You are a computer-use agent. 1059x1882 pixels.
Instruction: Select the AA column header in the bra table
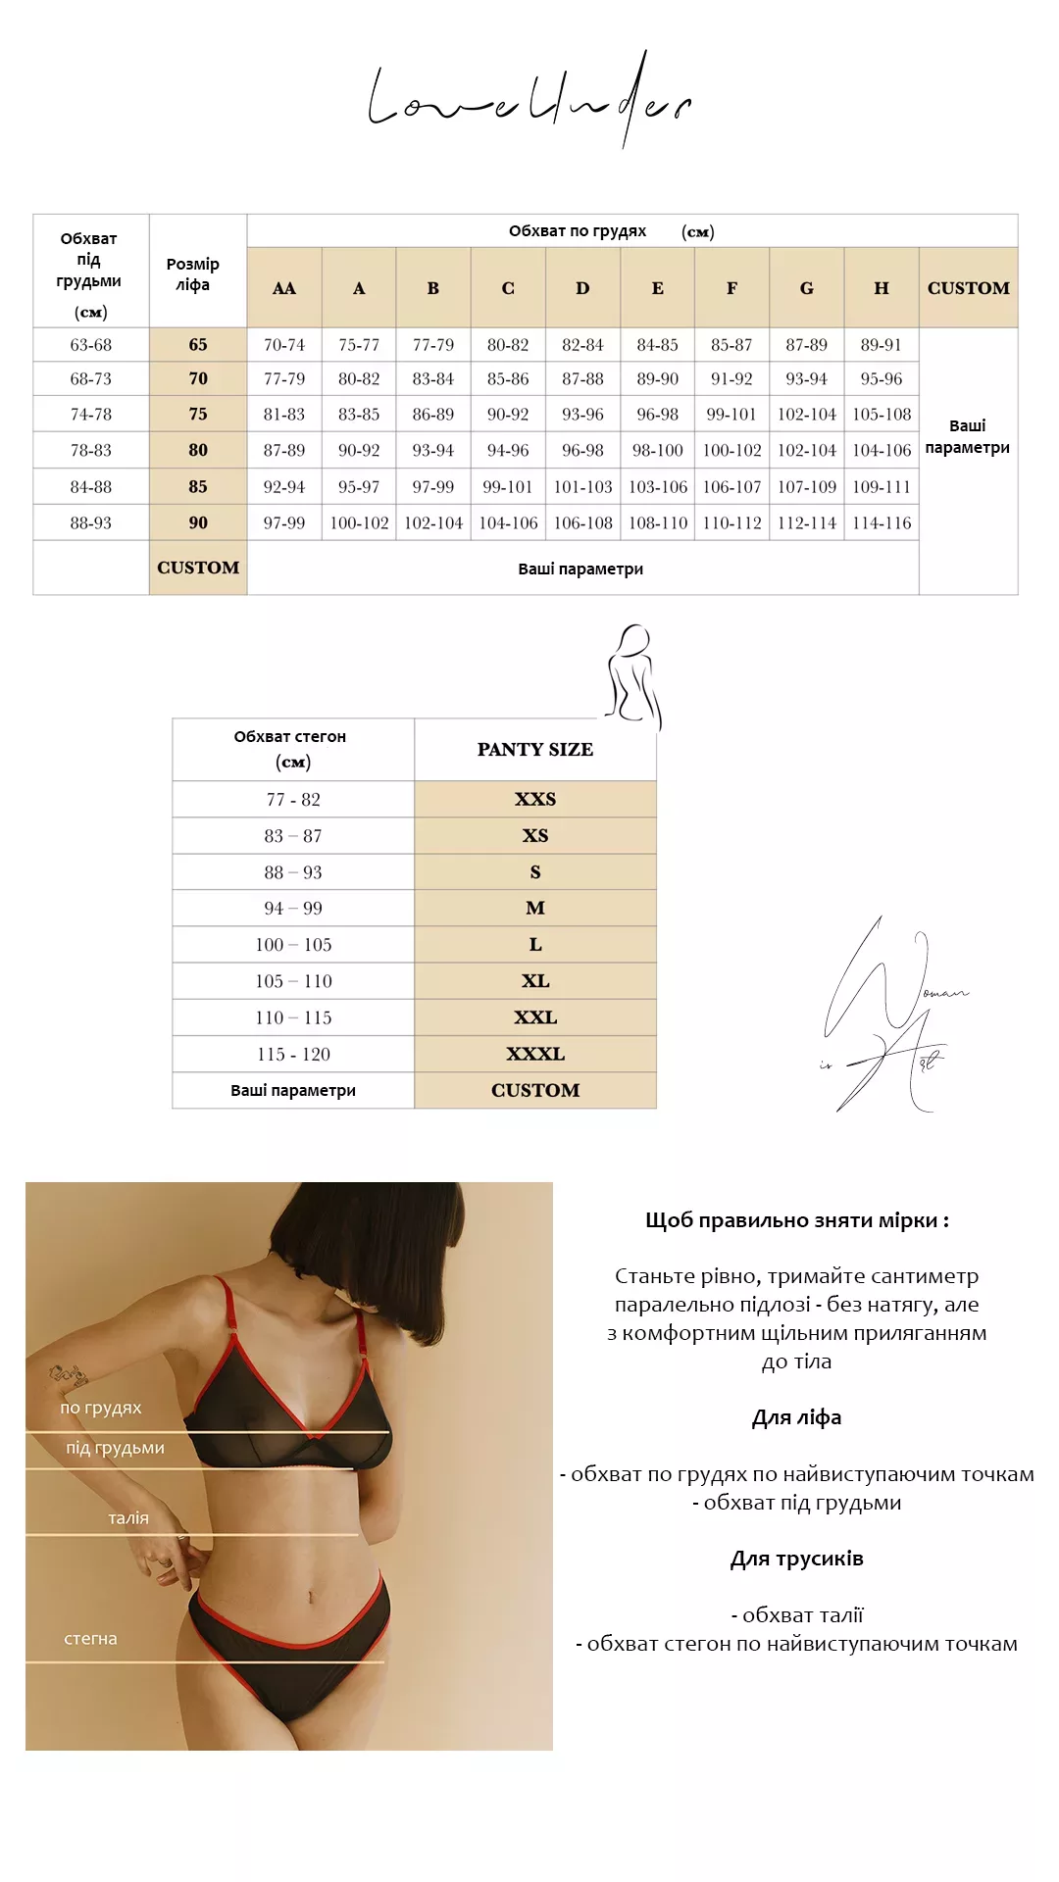284,288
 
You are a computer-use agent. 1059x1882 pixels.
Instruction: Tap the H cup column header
882,288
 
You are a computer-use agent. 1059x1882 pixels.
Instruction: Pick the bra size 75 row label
198,414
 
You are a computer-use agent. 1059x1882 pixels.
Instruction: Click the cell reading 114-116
882,523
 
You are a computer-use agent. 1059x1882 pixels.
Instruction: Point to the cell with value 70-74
284,345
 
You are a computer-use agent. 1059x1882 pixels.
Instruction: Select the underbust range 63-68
91,345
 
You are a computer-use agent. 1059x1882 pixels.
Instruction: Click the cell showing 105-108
882,414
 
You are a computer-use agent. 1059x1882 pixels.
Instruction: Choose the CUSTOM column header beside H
968,288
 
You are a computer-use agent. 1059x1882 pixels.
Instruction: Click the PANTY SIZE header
535,750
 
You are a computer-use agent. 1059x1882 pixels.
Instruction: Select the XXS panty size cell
535,799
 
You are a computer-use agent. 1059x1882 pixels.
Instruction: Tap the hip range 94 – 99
293,909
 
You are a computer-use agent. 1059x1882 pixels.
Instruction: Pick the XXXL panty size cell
535,1054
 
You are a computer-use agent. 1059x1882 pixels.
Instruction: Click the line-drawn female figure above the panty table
633,676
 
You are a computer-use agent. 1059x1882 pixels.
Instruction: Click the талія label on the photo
128,1518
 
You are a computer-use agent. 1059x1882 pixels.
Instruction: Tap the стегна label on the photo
90,1639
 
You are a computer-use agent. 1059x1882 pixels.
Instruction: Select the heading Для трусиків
796,1559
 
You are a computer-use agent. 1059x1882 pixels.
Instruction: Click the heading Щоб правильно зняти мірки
796,1220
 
